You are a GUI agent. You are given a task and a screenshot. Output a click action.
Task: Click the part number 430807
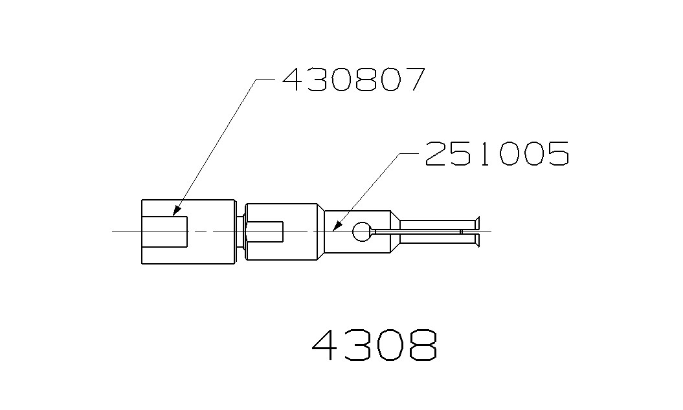(x=353, y=79)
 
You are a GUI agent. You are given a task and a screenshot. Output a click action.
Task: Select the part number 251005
(x=497, y=153)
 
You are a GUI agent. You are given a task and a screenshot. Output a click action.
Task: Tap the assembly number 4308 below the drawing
(x=374, y=347)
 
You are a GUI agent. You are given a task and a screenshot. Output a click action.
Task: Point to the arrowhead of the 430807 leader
(x=175, y=211)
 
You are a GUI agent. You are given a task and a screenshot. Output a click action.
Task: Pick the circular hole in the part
(x=362, y=232)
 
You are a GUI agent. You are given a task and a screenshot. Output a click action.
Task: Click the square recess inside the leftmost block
(x=165, y=232)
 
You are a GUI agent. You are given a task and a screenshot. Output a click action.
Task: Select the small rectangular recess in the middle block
(x=266, y=232)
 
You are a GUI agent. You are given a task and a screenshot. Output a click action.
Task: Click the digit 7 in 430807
(x=412, y=79)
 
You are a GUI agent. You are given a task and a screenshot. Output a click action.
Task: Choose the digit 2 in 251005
(x=437, y=153)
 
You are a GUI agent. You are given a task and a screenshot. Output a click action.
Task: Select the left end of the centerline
(x=113, y=232)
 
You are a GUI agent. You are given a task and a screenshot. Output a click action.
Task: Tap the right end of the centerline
(x=491, y=232)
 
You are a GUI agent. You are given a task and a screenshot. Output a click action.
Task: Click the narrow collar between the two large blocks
(x=241, y=232)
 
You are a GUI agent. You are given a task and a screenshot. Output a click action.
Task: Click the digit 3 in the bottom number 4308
(x=359, y=347)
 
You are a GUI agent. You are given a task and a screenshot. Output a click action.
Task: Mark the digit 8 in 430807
(x=365, y=79)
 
